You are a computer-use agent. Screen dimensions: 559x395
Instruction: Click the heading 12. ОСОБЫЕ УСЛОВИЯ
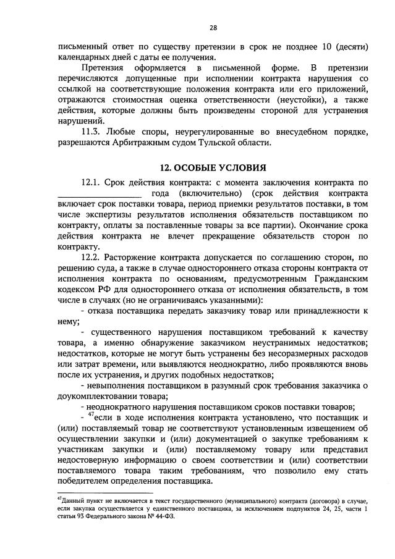[213, 167]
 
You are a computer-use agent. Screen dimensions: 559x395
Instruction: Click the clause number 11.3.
[90, 132]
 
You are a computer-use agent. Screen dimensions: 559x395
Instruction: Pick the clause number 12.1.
[90, 183]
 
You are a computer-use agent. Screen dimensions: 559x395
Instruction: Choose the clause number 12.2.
[90, 256]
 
